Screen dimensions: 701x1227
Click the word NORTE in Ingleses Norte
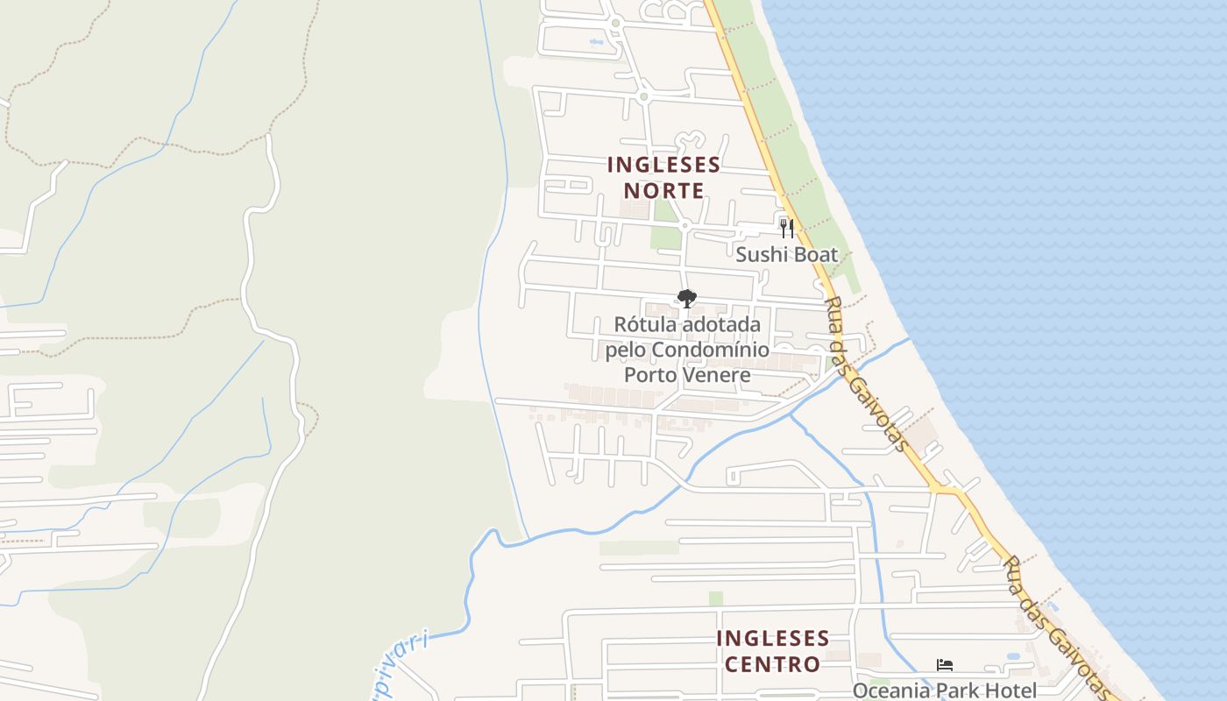click(663, 190)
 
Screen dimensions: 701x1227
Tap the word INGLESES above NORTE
click(663, 165)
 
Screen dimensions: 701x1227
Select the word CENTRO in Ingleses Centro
click(772, 663)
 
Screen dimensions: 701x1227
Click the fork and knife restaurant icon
click(787, 228)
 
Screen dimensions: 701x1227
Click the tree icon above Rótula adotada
click(687, 299)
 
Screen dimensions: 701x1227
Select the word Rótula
click(644, 324)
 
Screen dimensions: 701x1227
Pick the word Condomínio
click(711, 350)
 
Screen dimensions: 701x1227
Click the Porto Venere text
click(687, 375)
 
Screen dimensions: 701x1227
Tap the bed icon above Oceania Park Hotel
click(944, 665)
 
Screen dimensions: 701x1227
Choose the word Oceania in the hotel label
click(890, 690)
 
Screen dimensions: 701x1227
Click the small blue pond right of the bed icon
click(1013, 655)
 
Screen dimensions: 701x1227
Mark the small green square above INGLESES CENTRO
click(716, 598)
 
